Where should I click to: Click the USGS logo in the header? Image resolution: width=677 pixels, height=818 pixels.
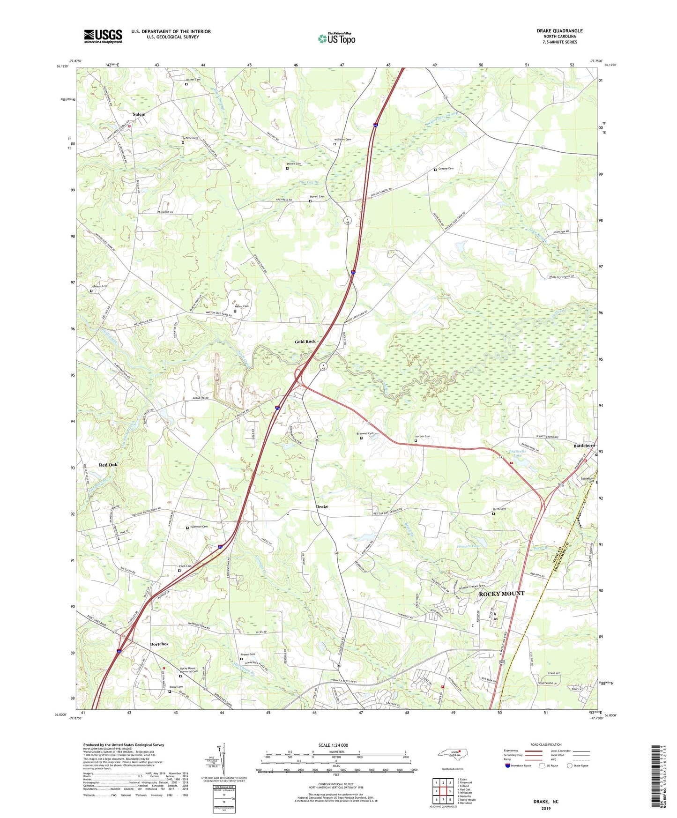[x=103, y=36]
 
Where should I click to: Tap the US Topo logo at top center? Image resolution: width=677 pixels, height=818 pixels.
[x=336, y=38]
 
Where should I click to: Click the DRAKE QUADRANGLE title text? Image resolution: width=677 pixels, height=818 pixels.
[x=559, y=31]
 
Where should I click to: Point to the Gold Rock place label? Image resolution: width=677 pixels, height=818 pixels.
[x=305, y=342]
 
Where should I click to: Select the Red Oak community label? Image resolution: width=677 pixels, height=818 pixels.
[x=108, y=465]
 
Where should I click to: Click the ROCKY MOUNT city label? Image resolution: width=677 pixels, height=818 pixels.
[x=501, y=594]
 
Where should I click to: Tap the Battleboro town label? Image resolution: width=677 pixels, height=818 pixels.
[x=584, y=446]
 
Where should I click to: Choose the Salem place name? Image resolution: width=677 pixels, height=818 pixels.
[x=139, y=114]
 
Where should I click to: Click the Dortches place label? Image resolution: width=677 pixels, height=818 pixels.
[x=159, y=644]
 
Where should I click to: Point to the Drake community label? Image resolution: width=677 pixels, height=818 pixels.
[x=322, y=507]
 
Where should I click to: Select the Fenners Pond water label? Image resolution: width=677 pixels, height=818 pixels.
[x=469, y=546]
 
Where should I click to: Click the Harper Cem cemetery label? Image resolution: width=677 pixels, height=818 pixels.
[x=423, y=436]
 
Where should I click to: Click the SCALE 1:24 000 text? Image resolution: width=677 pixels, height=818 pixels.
[x=333, y=745]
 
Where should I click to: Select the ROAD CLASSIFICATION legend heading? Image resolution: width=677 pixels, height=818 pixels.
[x=546, y=744]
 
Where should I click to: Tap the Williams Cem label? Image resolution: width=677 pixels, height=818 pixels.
[x=342, y=140]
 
